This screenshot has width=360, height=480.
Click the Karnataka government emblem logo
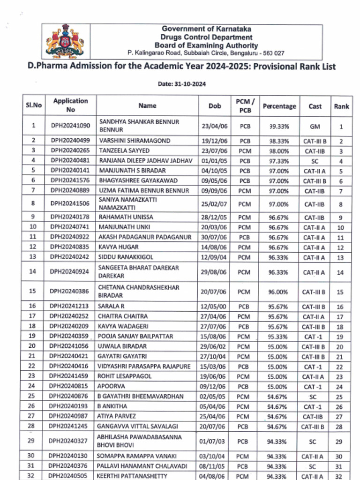(x=65, y=42)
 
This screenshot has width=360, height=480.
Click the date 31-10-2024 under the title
(x=182, y=84)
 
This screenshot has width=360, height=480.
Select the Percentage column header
(x=279, y=106)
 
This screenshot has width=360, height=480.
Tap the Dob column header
(x=215, y=106)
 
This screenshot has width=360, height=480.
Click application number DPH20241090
(x=70, y=126)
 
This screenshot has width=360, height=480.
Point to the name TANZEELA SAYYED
(x=124, y=151)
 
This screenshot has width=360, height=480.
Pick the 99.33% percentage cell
(x=279, y=126)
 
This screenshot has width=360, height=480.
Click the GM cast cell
(x=315, y=126)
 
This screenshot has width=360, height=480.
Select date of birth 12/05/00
(x=214, y=307)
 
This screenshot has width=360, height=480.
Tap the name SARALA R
(x=111, y=307)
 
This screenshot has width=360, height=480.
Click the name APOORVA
(x=111, y=386)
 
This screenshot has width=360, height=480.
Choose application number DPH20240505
(x=69, y=476)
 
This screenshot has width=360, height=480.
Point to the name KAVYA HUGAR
(x=118, y=247)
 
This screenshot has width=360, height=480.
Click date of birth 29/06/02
(x=214, y=346)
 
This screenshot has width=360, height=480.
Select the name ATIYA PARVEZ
(x=116, y=416)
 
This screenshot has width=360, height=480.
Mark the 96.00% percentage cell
(x=278, y=292)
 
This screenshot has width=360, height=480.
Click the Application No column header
(x=70, y=105)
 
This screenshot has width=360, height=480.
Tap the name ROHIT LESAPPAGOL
(x=124, y=376)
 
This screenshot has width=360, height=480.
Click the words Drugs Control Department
(x=206, y=37)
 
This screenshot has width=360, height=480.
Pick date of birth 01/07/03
(x=214, y=441)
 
